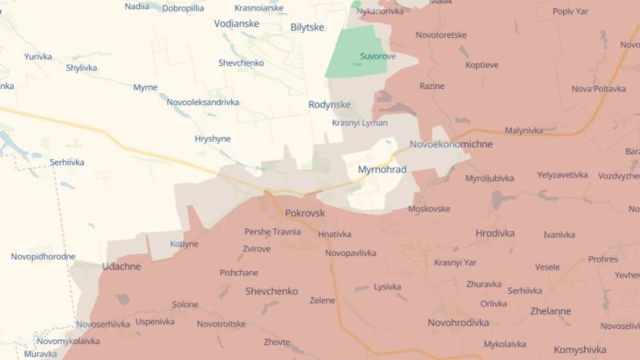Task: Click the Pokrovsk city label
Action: [305, 213]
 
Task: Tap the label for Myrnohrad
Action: [382, 170]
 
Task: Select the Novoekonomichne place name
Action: [451, 145]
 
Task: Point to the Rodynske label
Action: [329, 105]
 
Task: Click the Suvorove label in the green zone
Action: [378, 56]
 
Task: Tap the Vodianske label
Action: [237, 24]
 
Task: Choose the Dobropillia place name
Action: [183, 8]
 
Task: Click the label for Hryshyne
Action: [213, 139]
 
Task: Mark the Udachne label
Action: [121, 267]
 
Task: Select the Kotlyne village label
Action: [184, 244]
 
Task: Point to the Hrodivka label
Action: [495, 233]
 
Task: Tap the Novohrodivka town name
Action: [458, 323]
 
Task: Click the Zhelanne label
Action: [550, 311]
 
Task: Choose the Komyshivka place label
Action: [580, 350]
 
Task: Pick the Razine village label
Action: [432, 86]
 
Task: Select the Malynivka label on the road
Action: [524, 130]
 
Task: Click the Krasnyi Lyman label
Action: [359, 123]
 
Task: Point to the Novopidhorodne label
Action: [43, 256]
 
